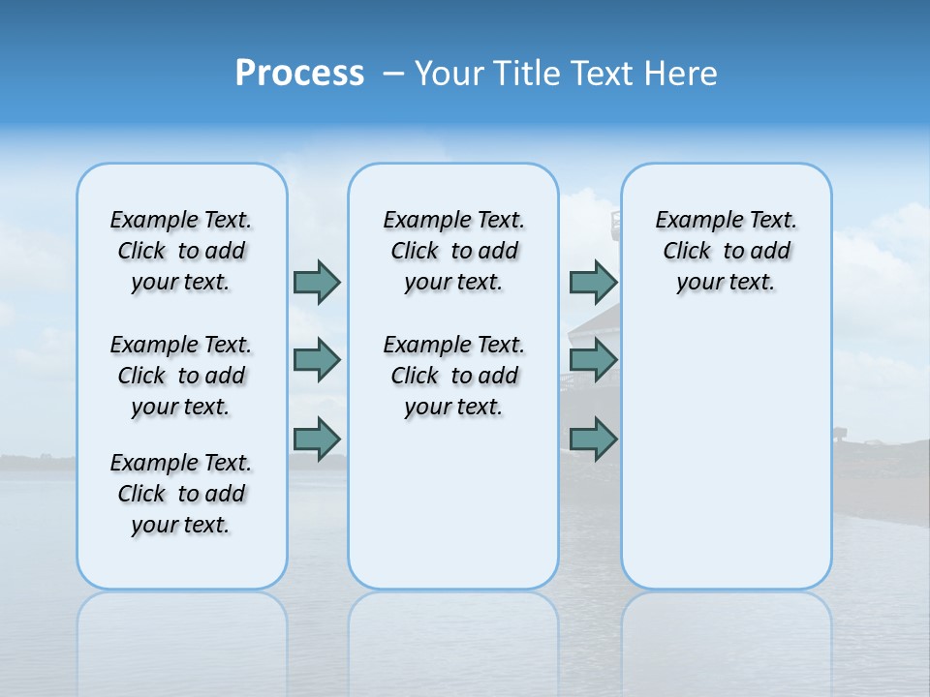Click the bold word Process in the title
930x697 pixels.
(299, 74)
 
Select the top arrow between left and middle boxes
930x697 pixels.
(317, 282)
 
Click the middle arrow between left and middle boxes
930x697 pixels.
(317, 360)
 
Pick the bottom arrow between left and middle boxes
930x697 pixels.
(317, 439)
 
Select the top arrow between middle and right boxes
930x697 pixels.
(593, 282)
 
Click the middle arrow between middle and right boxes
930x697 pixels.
(593, 360)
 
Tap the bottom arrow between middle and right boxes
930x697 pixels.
(593, 439)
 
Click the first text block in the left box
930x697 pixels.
(181, 251)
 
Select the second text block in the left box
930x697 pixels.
(181, 376)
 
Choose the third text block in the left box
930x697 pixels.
(181, 494)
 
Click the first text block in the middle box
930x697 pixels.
(453, 251)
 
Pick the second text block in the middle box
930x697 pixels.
(453, 376)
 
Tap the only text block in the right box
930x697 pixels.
(726, 251)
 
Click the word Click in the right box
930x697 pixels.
(687, 251)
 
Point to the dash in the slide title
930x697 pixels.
(393, 74)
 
